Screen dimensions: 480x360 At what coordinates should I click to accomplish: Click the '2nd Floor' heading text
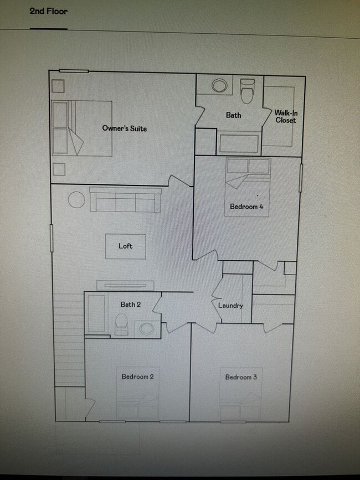(49, 11)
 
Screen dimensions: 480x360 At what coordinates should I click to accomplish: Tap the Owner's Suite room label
(125, 128)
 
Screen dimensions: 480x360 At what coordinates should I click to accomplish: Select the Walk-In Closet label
(285, 116)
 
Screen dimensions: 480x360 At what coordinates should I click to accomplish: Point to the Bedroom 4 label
(246, 207)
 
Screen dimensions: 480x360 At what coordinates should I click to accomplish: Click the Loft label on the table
(126, 246)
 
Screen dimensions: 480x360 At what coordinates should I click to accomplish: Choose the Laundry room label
(230, 305)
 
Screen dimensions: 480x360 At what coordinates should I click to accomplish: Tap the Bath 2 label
(131, 304)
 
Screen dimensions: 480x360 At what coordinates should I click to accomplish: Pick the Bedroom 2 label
(137, 377)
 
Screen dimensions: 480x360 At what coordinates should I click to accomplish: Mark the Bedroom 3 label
(241, 377)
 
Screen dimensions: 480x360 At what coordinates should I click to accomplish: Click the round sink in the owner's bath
(220, 86)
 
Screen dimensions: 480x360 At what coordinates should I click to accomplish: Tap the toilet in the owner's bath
(247, 90)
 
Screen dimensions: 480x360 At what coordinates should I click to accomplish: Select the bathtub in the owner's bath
(239, 143)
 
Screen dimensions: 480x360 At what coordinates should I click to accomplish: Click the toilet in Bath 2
(121, 324)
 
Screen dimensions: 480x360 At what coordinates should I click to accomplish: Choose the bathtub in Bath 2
(97, 313)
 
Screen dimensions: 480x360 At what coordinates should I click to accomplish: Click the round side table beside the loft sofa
(76, 200)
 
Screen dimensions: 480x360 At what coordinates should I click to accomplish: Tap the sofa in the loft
(125, 200)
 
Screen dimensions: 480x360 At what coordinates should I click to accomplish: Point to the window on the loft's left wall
(51, 237)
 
